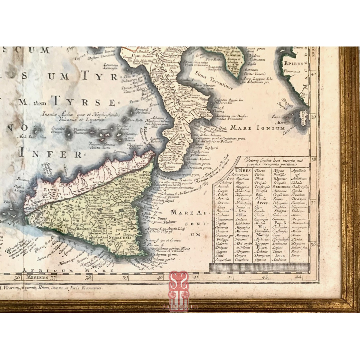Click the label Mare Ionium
(257, 128)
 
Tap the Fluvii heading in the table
(262, 247)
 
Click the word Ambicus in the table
(280, 260)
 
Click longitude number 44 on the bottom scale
(298, 277)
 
